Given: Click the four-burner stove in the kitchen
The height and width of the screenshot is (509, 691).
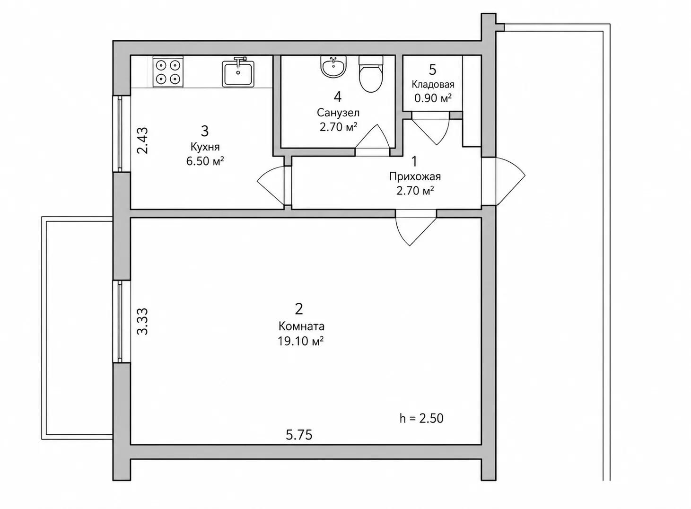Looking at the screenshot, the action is (168, 72).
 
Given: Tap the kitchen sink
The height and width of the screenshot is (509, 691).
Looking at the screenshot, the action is (238, 72).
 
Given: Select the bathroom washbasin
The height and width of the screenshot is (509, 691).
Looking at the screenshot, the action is (334, 67).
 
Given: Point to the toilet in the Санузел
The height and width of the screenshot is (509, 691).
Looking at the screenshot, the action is (371, 74).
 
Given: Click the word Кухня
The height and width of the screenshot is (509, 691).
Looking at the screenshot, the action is (205, 147).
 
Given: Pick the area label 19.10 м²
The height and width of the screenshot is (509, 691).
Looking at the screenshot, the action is (300, 341).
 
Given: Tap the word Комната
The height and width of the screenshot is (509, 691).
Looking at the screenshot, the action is (301, 326).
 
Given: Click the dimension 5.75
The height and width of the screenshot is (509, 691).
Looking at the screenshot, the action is (299, 435).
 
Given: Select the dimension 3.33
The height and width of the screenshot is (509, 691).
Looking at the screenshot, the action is (142, 322).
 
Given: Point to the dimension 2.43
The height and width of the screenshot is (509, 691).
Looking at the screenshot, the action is (142, 140).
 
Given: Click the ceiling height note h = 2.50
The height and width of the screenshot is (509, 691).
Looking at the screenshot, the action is (421, 418).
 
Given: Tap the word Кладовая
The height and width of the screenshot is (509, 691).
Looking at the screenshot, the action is (433, 84).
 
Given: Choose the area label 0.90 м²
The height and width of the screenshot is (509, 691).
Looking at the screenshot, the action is (433, 98).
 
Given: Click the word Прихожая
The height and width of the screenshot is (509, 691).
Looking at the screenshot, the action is (415, 176).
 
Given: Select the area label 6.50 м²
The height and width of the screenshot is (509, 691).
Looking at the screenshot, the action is (205, 161).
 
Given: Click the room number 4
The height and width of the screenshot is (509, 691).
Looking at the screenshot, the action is (338, 97).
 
